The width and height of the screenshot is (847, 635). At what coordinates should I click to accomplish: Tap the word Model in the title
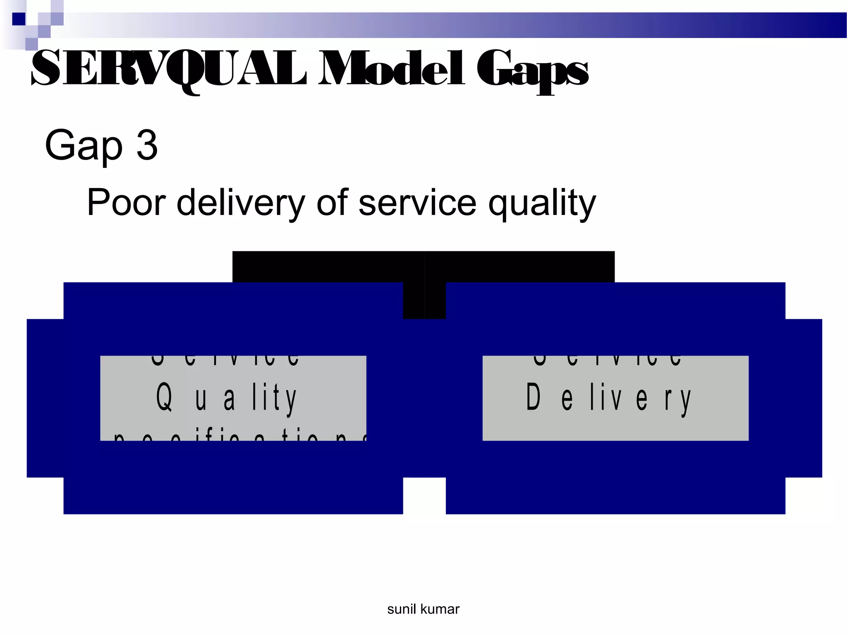tap(391, 69)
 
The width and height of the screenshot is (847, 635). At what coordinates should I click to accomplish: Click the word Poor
tap(126, 203)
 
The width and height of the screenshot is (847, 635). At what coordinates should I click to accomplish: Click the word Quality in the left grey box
tap(227, 398)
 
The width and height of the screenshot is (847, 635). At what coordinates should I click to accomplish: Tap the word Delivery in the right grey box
tap(608, 398)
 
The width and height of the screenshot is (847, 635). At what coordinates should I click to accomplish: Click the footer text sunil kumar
tap(423, 609)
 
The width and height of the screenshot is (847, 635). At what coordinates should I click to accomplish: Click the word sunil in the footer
tap(401, 609)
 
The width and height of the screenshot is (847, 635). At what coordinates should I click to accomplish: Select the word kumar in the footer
tap(440, 609)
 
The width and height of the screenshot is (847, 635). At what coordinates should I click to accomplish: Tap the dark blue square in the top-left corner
tap(19, 19)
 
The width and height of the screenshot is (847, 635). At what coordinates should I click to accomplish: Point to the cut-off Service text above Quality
tap(225, 360)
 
